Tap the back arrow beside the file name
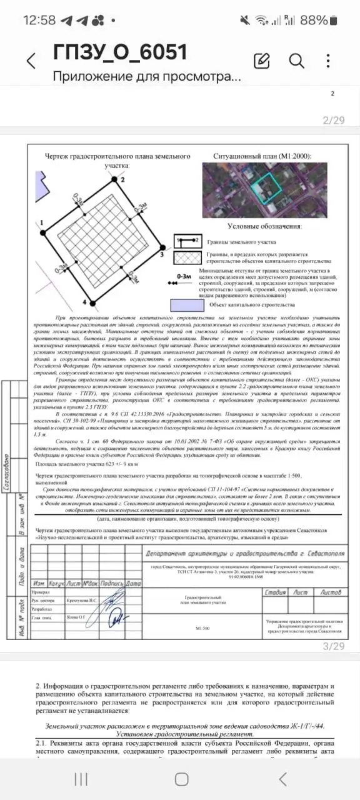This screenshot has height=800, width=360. [x=31, y=61]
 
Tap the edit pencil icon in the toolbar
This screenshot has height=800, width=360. [x=262, y=61]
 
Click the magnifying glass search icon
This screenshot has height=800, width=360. [x=296, y=61]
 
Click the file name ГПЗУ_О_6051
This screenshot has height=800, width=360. [x=120, y=52]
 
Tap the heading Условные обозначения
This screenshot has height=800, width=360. [x=264, y=226]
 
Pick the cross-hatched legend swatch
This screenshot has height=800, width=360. [x=187, y=257]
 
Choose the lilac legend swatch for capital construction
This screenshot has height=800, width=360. [x=187, y=304]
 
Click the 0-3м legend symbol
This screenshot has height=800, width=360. [x=184, y=279]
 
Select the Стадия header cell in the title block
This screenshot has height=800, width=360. [x=275, y=592]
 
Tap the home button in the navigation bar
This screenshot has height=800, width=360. [x=181, y=779]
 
